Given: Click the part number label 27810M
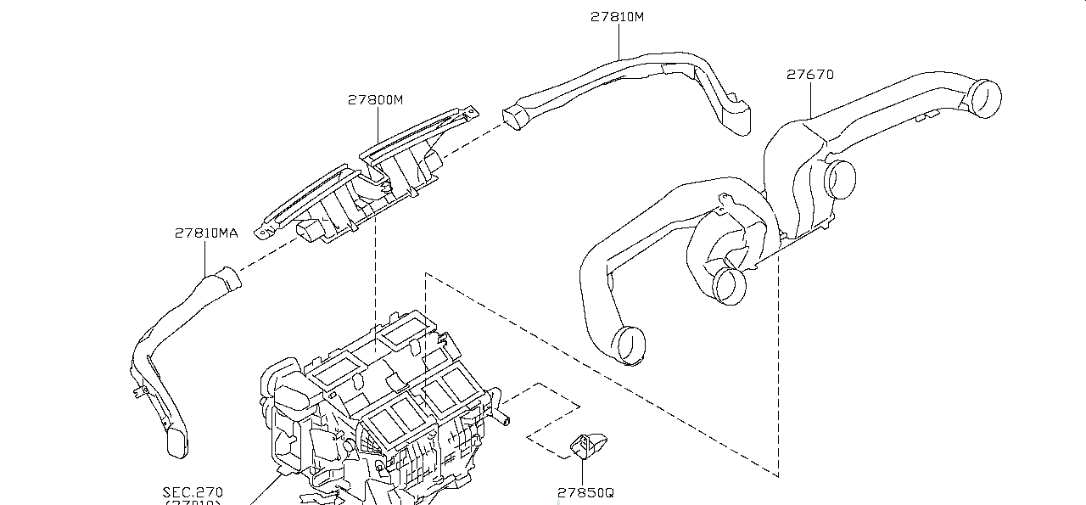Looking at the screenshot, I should point(617,16).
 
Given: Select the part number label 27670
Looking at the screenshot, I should point(809,75).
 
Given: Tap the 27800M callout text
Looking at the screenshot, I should point(375,99).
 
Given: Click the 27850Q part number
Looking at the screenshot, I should point(585,492).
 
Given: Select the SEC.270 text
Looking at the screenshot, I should point(193,491).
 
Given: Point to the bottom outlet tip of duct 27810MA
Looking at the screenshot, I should point(177,442).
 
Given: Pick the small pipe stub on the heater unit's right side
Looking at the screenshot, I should point(507,418).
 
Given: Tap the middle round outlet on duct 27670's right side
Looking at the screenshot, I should point(841,178).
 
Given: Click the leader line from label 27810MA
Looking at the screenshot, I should point(206,258).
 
